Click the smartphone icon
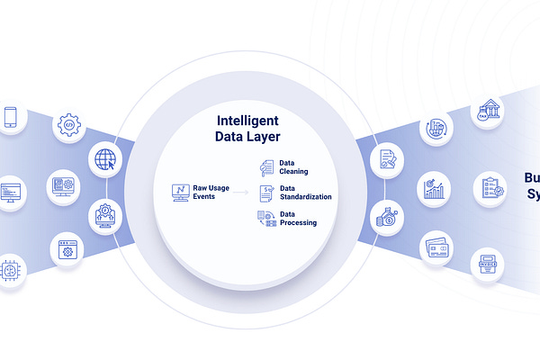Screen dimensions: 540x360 coord(11,118)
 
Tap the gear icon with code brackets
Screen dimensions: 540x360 coord(69,125)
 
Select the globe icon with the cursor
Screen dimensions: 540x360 coord(106,159)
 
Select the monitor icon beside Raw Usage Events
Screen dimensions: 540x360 coord(181,191)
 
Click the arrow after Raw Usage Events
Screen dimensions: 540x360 coord(240,192)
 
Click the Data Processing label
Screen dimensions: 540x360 coord(298,218)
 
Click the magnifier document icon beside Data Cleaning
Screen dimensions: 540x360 coord(265,166)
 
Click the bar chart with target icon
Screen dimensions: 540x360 coord(435,190)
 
